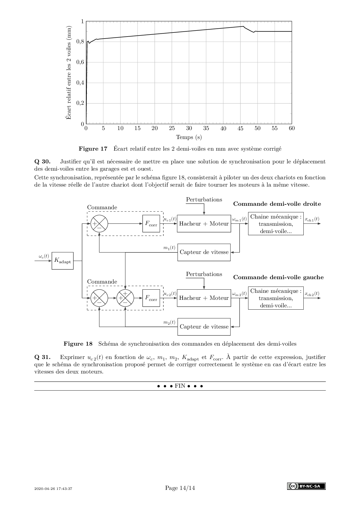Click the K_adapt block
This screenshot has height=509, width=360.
pos(62,261)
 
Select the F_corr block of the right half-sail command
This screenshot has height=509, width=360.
pos(151,224)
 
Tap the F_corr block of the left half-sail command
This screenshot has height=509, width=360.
pos(151,298)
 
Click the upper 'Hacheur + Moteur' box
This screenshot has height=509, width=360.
pos(204,224)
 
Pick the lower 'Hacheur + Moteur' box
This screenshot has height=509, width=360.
pos(204,298)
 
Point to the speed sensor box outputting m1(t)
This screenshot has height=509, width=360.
pos(204,252)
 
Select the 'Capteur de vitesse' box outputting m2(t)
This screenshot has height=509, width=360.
pos(204,327)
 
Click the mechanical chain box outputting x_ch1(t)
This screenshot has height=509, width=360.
pos(276,224)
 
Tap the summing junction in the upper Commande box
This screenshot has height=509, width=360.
pos(99,224)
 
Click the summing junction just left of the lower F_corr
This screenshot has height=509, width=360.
pos(125,298)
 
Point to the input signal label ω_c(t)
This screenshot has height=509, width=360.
pos(44,256)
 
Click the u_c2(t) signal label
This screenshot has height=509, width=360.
pos(170,294)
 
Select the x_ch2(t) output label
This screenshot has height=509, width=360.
pos(312,294)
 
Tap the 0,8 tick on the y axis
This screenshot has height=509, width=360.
pos(80,42)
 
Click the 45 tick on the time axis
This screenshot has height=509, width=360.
pos(240,129)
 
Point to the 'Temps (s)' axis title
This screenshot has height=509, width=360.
pos(189,137)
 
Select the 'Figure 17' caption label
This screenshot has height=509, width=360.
pos(93,149)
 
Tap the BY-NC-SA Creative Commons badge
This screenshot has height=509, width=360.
pos(306,486)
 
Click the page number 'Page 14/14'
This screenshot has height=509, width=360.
pos(180,488)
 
